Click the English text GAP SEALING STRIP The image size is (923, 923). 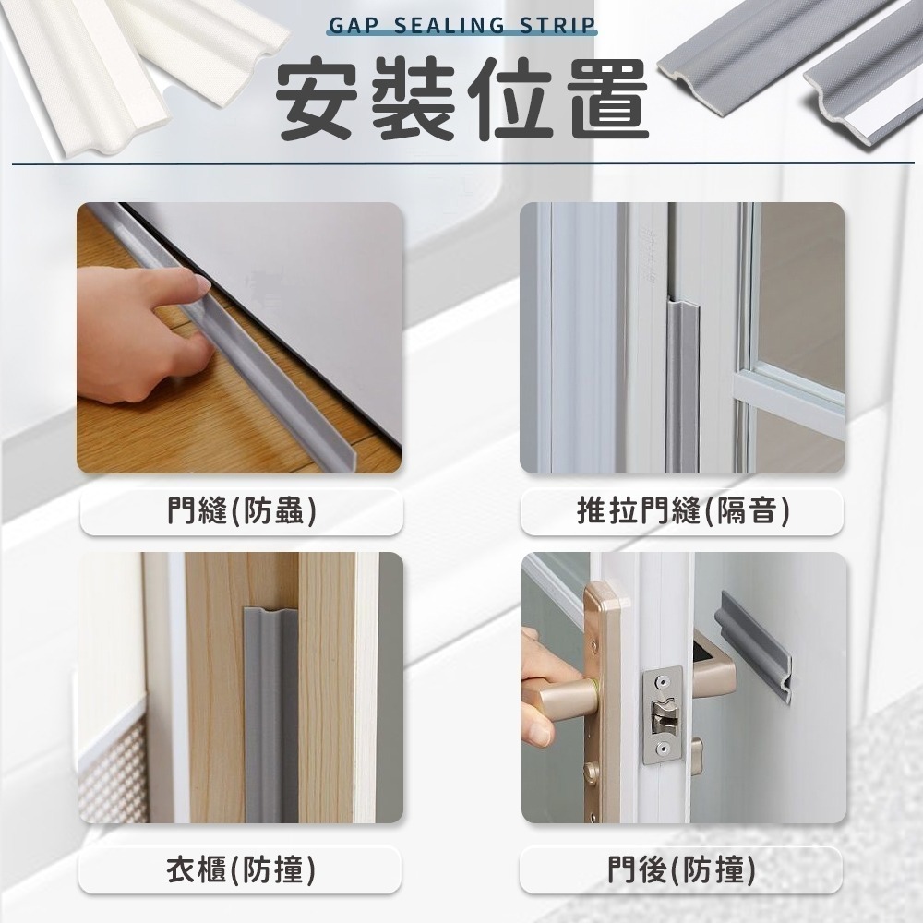click(461, 25)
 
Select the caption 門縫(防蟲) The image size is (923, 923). click(242, 509)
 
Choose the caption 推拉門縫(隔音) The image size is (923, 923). click(681, 509)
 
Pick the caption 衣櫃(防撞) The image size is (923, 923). click(242, 869)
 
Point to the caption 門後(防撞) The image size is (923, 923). click(681, 869)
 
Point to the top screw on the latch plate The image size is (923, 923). click(661, 680)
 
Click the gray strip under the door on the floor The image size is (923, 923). click(277, 369)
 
